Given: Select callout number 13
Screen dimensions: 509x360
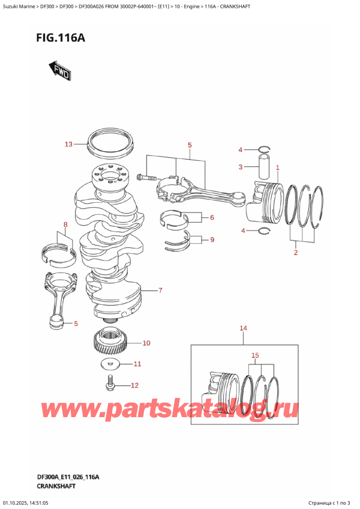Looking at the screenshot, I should [x=68, y=144].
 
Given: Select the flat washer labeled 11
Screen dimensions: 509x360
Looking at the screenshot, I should [x=110, y=364].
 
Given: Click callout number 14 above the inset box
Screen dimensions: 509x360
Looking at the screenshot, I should [x=243, y=328].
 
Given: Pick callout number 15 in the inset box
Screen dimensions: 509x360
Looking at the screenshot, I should [x=256, y=356].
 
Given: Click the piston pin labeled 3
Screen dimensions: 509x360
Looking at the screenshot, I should [x=263, y=165].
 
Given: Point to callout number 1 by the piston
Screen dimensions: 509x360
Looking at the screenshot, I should [x=278, y=167].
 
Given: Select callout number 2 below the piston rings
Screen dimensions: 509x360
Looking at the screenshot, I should [x=295, y=253].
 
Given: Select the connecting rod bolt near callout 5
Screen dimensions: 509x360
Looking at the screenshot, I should [x=146, y=177].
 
